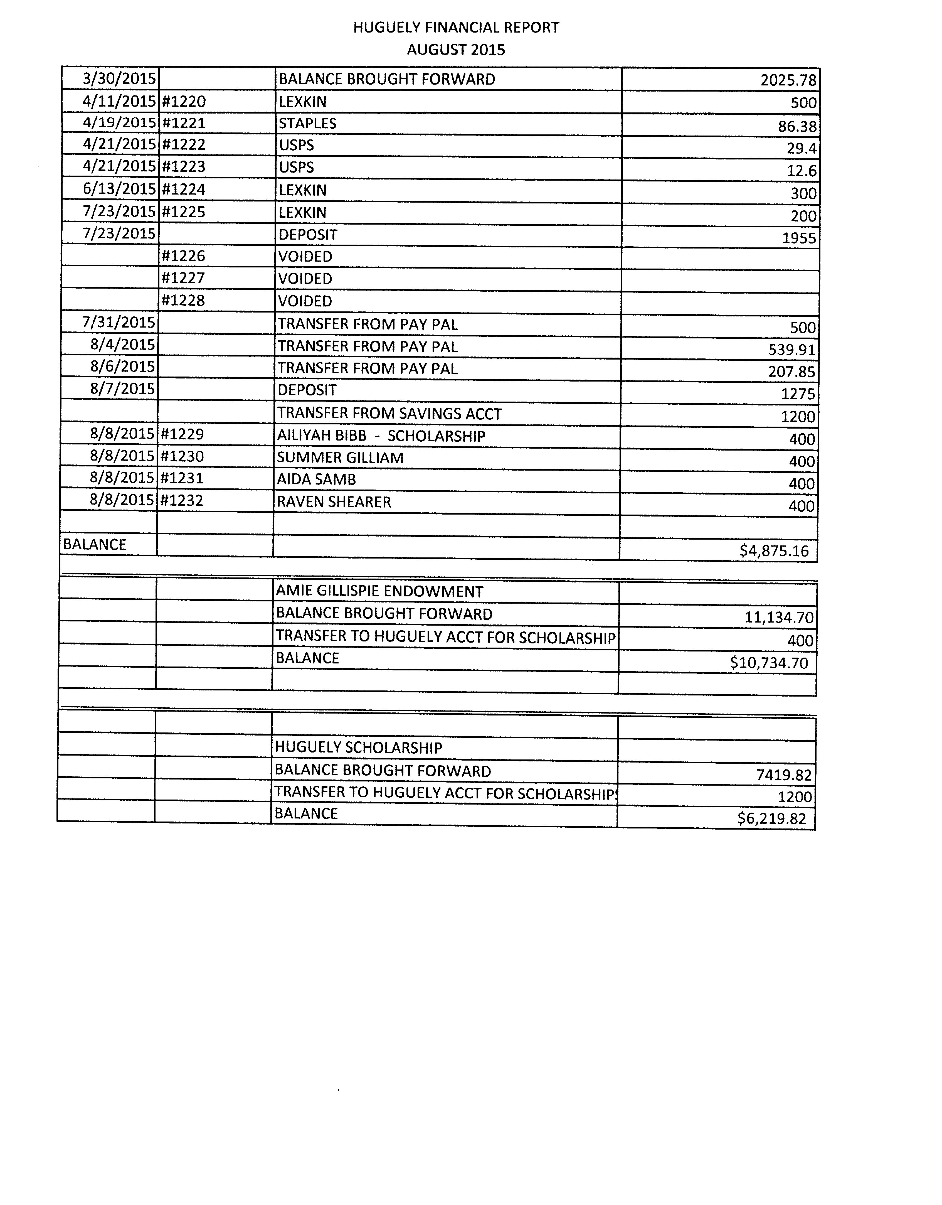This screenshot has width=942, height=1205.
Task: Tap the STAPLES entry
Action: [x=307, y=124]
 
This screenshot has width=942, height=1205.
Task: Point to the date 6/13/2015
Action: [x=119, y=189]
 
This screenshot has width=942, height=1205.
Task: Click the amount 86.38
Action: [x=797, y=126]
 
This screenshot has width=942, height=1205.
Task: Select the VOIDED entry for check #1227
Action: [x=305, y=279]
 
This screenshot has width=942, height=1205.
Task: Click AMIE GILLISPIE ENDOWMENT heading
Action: [x=379, y=591]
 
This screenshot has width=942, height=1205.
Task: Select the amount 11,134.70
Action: [x=779, y=618]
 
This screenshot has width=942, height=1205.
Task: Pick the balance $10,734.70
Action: [x=769, y=663]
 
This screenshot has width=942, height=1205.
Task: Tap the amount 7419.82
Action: [x=784, y=775]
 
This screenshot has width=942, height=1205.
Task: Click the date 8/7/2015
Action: [x=122, y=389]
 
